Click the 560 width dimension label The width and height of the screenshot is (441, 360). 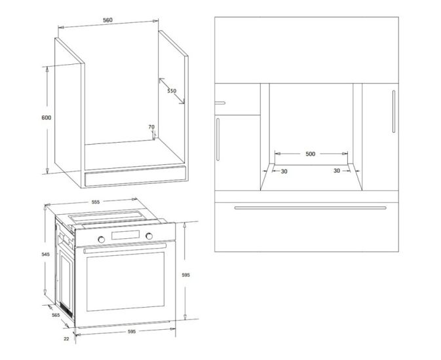(107, 20)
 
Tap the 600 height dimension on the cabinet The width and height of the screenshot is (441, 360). (47, 117)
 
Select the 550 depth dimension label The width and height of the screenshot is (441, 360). (172, 91)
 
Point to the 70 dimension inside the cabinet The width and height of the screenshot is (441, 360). (151, 127)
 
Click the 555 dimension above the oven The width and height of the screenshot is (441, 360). (96, 202)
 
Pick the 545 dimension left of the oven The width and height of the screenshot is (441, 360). (46, 255)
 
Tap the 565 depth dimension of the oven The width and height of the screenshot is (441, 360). (56, 315)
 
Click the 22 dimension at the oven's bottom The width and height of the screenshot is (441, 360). (66, 339)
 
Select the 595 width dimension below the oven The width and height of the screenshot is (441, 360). (132, 332)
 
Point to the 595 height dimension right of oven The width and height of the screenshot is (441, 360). (186, 275)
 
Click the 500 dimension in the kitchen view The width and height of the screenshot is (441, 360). (311, 154)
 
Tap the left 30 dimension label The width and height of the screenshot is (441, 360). (284, 171)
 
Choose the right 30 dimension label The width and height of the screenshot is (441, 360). (337, 171)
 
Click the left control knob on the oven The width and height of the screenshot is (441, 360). (102, 240)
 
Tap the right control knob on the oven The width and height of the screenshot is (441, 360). (149, 236)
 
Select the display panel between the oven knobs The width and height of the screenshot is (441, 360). (125, 235)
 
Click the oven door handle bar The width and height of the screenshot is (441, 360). (125, 248)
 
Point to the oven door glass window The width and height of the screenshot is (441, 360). (125, 281)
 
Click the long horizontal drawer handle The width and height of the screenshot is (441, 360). (310, 208)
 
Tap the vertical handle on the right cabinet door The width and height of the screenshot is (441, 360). (394, 111)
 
